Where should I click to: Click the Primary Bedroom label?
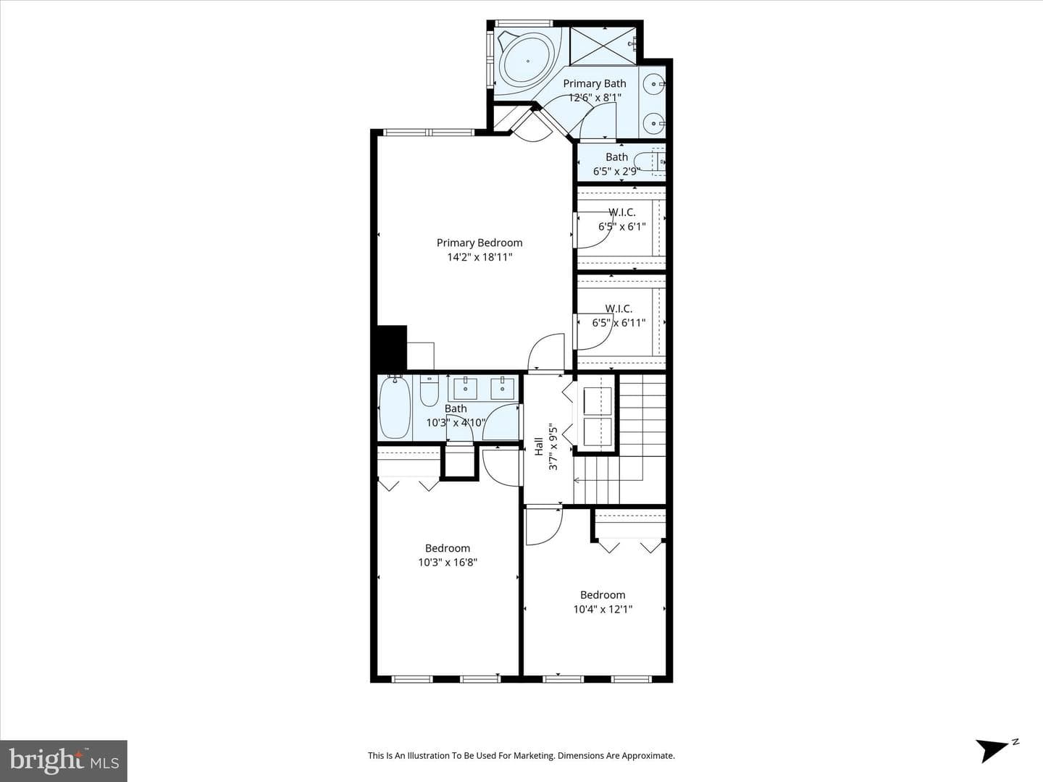pos(479,243)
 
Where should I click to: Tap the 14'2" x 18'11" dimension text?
pos(479,257)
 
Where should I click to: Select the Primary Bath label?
pos(595,83)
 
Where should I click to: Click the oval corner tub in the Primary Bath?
pos(528,62)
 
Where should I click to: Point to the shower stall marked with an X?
pos(603,46)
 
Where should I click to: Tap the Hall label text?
pos(539,446)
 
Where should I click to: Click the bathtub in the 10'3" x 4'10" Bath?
pos(395,407)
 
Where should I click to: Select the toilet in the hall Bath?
pos(429,391)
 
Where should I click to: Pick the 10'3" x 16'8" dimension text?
pos(448,563)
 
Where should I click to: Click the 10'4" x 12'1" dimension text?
pos(603,609)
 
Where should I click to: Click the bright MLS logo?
pos(64,760)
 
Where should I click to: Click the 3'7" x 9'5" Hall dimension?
pos(553,447)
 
